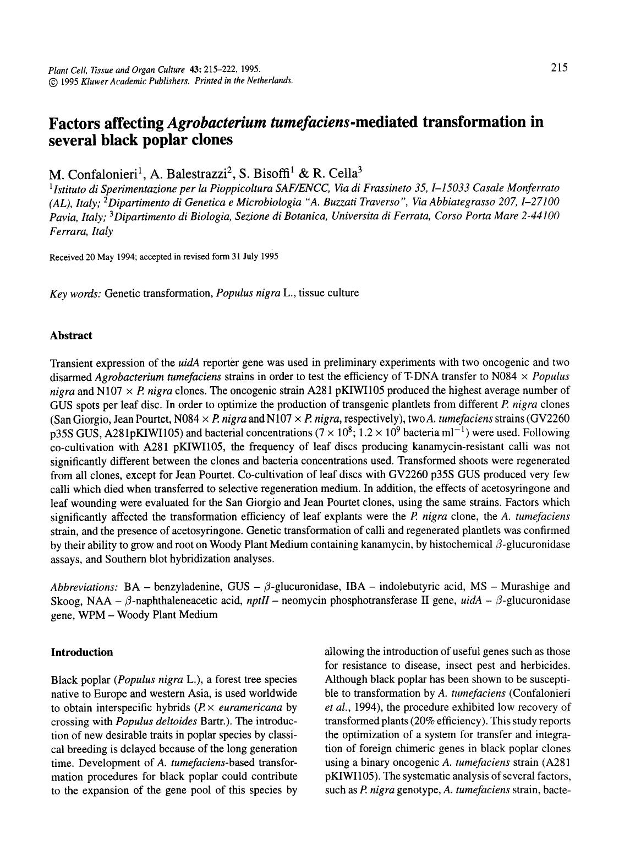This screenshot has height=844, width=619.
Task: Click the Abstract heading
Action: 71,336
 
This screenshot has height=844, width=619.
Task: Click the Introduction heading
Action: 81,652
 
